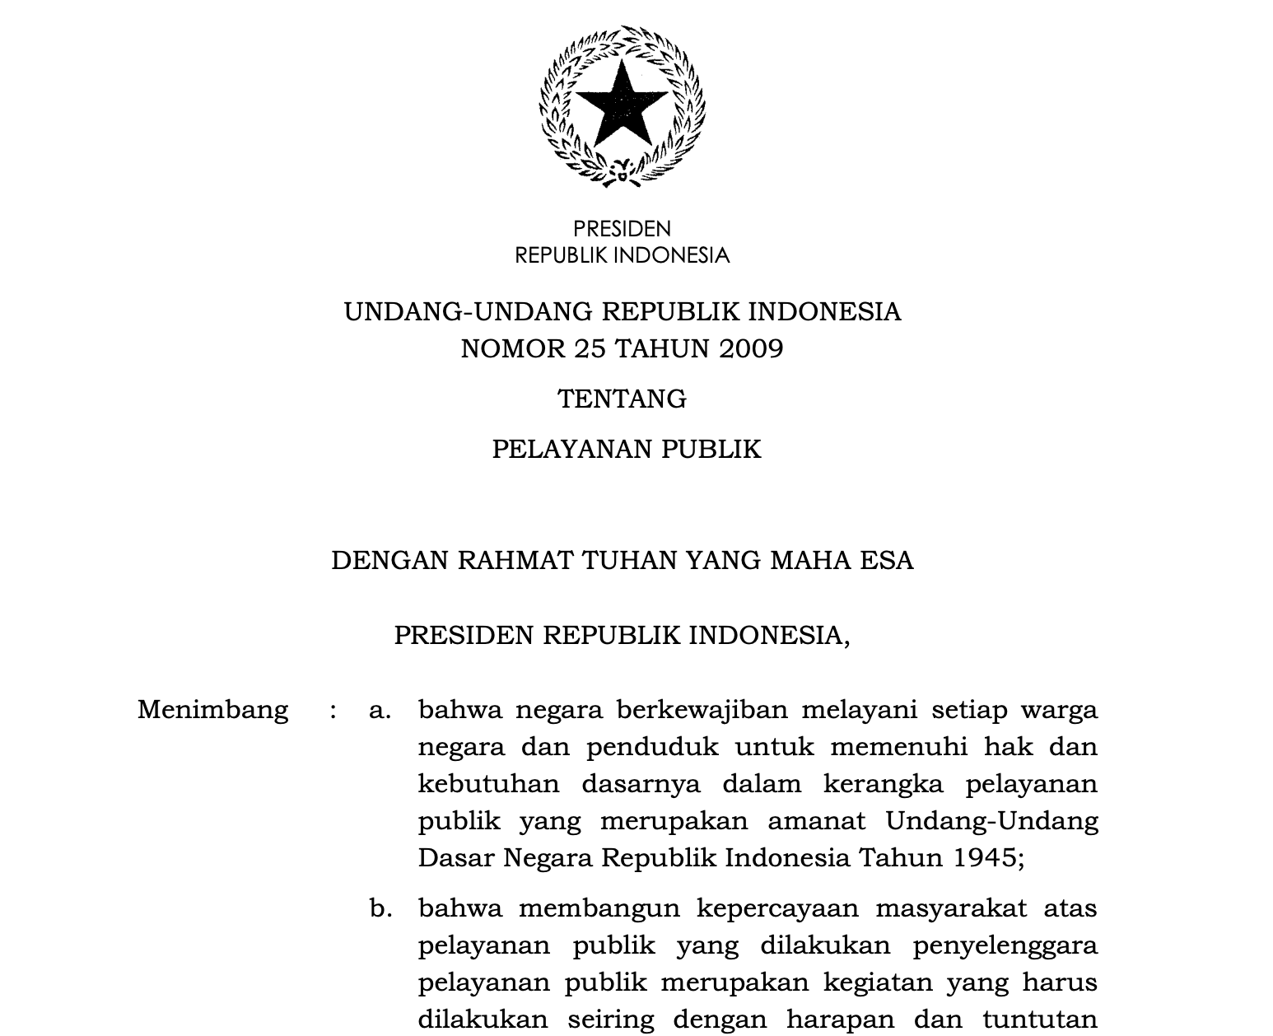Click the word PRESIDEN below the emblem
point(622,229)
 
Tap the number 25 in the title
point(591,349)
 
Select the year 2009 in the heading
point(751,349)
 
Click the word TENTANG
point(622,399)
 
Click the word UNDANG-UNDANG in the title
point(468,312)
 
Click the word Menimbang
point(212,710)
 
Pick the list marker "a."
point(380,710)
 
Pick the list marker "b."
point(380,908)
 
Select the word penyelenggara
point(1005,946)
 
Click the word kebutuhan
point(488,783)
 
